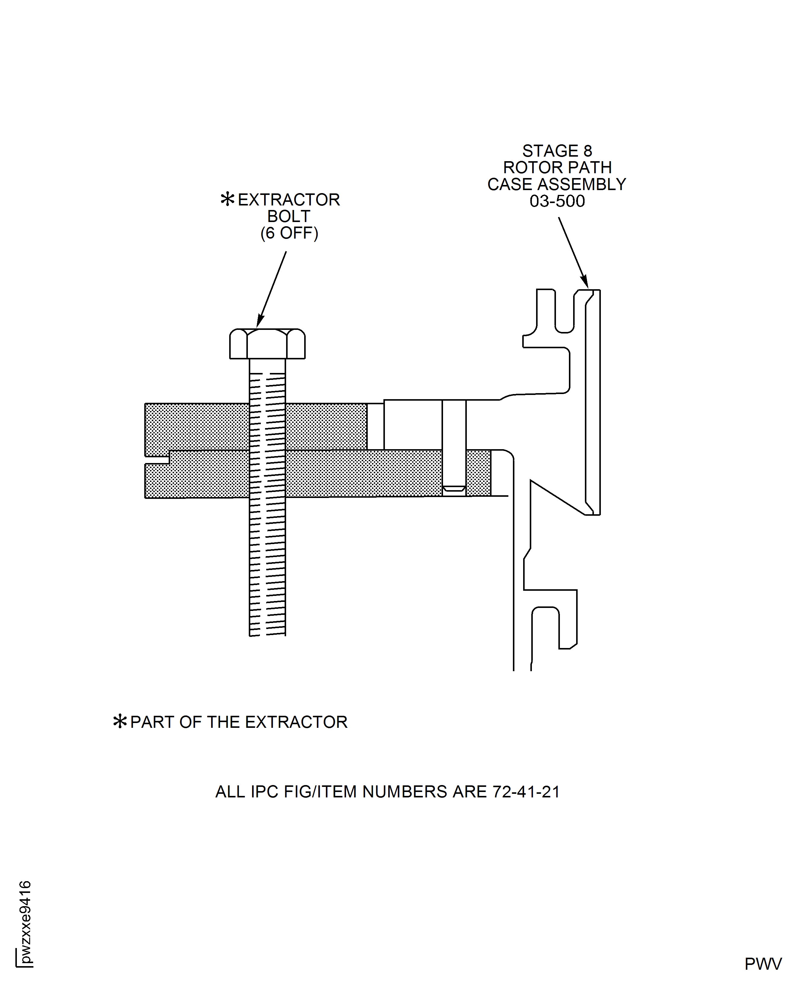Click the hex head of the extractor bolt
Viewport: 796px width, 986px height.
267,344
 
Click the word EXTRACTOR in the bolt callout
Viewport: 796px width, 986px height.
289,200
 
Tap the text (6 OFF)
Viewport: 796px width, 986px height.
289,233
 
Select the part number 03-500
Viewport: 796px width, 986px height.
557,201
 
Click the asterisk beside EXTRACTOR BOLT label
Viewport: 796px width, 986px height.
227,199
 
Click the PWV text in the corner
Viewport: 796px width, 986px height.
763,964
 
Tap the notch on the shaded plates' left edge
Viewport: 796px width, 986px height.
157,460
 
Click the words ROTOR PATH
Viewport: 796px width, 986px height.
557,168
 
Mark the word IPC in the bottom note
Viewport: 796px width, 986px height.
264,792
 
